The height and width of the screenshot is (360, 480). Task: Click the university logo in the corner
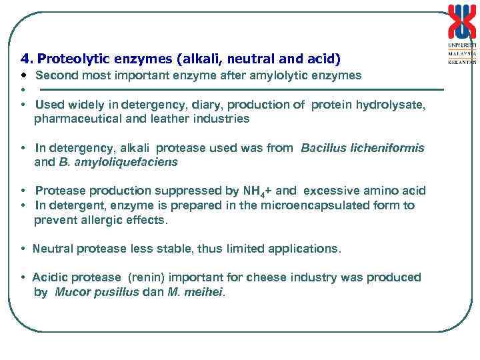(x=462, y=33)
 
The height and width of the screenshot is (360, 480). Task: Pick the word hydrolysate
(x=392, y=105)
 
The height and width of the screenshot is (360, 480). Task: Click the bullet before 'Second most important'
(x=23, y=75)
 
